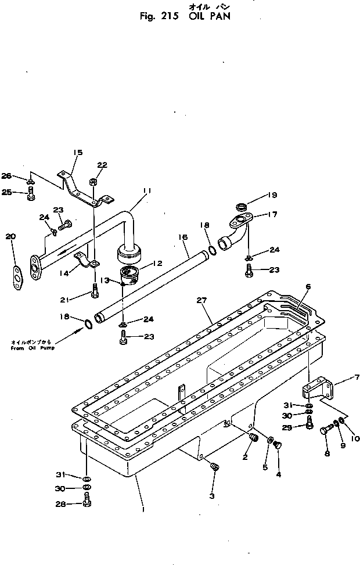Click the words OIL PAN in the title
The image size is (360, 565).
pyautogui.click(x=210, y=17)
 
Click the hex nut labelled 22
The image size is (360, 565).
pyautogui.click(x=93, y=182)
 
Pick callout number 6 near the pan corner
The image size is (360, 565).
pyautogui.click(x=308, y=287)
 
